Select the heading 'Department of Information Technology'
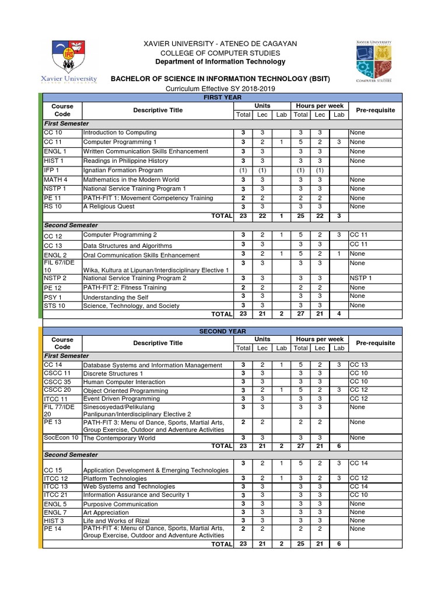(x=220, y=62)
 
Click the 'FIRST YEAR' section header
(x=220, y=97)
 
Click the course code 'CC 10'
(x=52, y=133)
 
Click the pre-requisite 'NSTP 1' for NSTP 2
(x=360, y=278)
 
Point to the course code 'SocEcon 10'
(x=61, y=437)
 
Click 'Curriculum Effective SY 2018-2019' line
(x=220, y=89)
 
